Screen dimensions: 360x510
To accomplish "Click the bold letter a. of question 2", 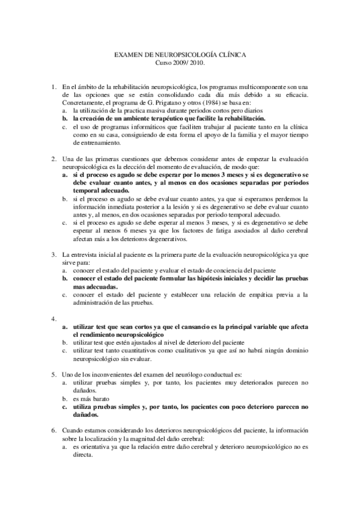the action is (65, 174).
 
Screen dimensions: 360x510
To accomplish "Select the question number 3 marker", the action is (54, 254).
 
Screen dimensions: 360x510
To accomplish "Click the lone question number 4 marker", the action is (54, 318).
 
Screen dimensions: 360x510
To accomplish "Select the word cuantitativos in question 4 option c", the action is (139, 349).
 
